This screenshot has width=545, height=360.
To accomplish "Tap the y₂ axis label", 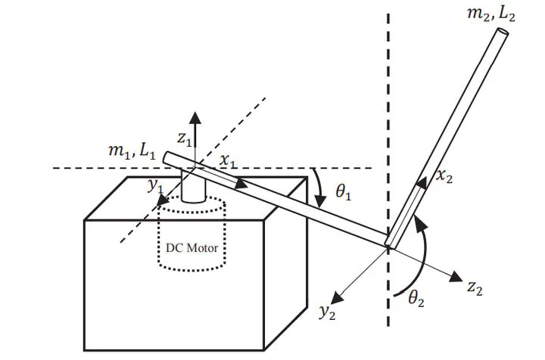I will tap(326, 312).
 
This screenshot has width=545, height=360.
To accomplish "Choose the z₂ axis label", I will tap(475, 287).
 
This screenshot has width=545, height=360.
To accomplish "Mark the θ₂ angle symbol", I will tap(417, 298).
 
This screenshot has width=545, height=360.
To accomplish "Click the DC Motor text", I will tap(192, 247).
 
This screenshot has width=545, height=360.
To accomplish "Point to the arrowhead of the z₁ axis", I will tap(195, 116).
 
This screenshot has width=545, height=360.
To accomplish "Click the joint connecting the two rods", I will tap(389, 244).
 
